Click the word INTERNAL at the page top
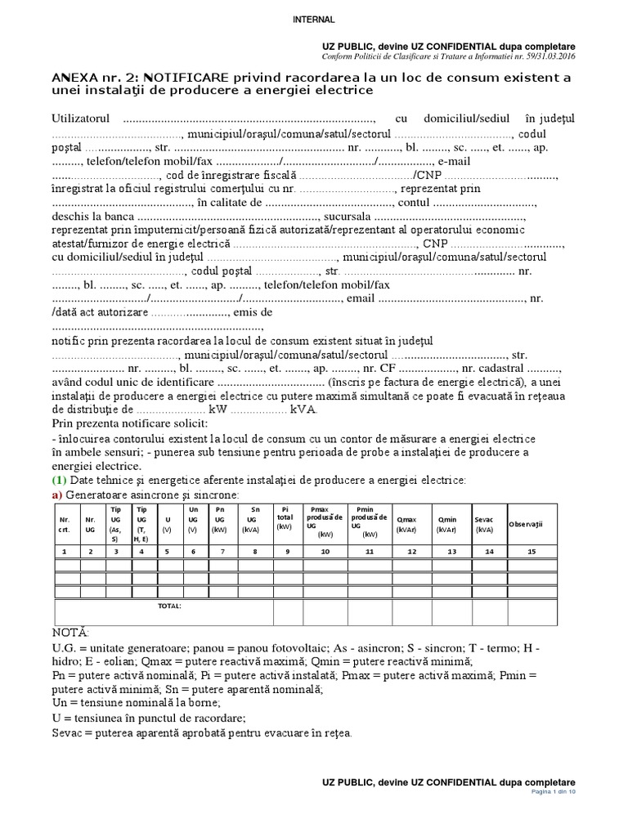tap(313, 19)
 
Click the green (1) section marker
tap(60, 480)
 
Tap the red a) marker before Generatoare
tap(57, 495)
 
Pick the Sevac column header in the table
tap(485, 523)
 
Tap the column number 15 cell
tap(532, 552)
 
